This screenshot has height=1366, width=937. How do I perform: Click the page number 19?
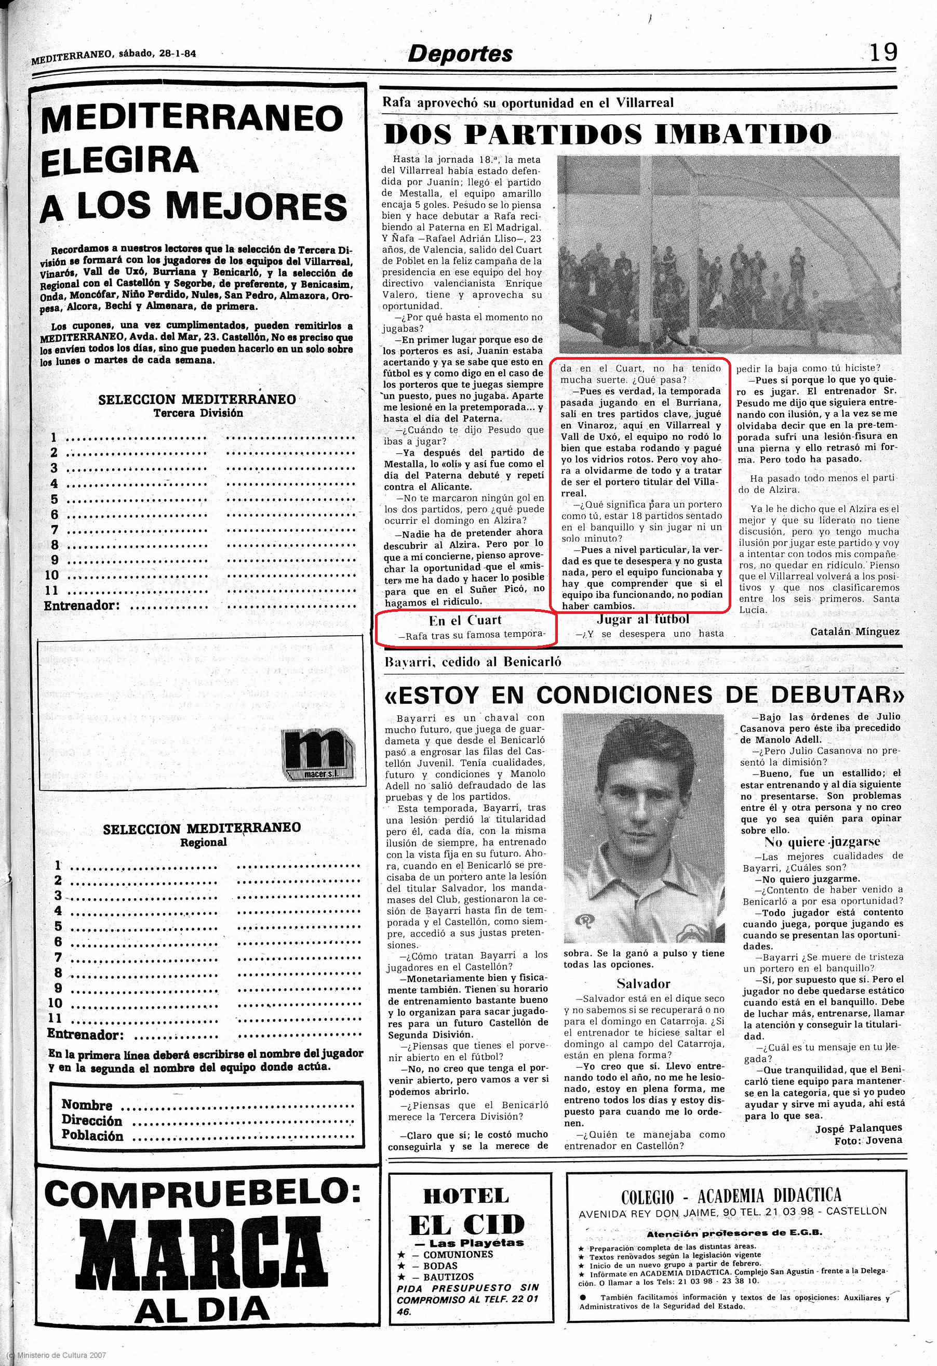click(883, 53)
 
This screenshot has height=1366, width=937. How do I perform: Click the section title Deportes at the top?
click(460, 54)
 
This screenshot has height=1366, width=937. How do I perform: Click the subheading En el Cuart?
click(465, 620)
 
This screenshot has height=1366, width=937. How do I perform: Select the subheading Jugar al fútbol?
click(642, 619)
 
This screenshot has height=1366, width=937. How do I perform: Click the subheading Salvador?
click(643, 984)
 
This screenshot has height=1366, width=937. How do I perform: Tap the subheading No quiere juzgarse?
click(822, 842)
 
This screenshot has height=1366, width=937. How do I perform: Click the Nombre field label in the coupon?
click(87, 1105)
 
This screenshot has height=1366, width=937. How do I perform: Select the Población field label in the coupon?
click(92, 1136)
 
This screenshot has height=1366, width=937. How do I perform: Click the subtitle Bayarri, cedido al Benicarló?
click(472, 662)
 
